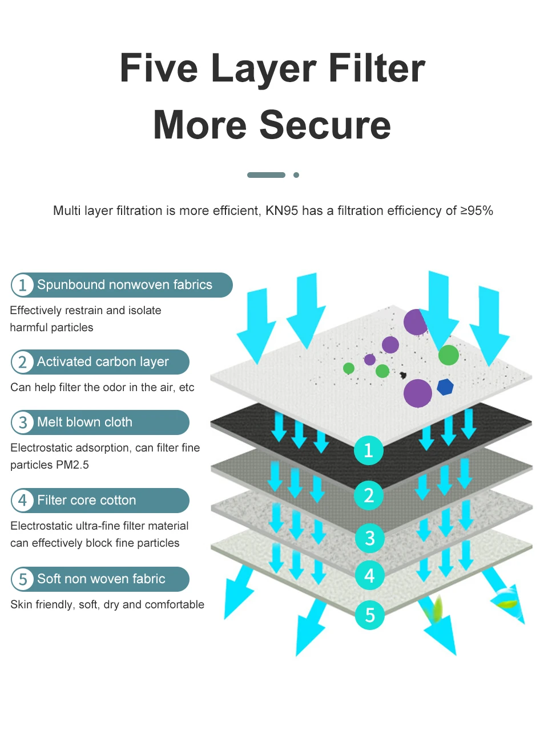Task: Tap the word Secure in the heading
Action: pyautogui.click(x=325, y=125)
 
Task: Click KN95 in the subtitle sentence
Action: pyautogui.click(x=282, y=211)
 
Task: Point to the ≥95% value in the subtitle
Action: pyautogui.click(x=477, y=211)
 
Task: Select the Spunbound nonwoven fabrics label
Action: pyautogui.click(x=124, y=285)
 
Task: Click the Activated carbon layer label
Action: pyautogui.click(x=103, y=362)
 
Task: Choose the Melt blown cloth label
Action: pyautogui.click(x=84, y=422)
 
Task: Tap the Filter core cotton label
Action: pyautogui.click(x=87, y=501)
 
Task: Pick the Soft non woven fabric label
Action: pyautogui.click(x=101, y=579)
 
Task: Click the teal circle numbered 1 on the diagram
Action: pyautogui.click(x=368, y=450)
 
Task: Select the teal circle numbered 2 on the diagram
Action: pyautogui.click(x=369, y=495)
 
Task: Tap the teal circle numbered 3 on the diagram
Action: pyautogui.click(x=369, y=538)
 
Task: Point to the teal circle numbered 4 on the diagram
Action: pyautogui.click(x=369, y=575)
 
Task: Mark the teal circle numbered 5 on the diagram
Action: pyautogui.click(x=369, y=615)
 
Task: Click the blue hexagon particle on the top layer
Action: pyautogui.click(x=445, y=387)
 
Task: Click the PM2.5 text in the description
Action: pyautogui.click(x=72, y=465)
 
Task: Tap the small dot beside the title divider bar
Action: pyautogui.click(x=296, y=175)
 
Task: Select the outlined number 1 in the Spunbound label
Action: pyautogui.click(x=23, y=285)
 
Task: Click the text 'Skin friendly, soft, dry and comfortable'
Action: pyautogui.click(x=107, y=604)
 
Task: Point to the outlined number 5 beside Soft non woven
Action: pyautogui.click(x=23, y=579)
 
